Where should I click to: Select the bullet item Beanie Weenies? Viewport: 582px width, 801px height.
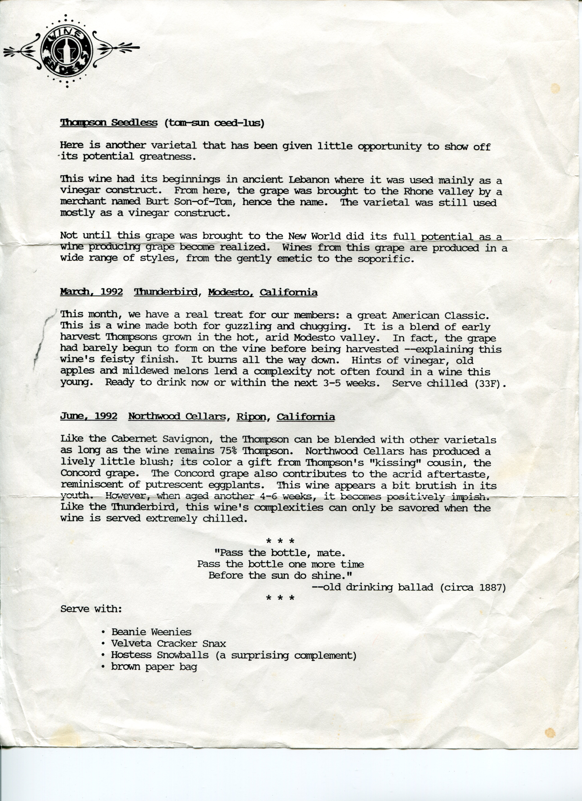pos(151,632)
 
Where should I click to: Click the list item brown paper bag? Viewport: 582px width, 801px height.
pos(154,667)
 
